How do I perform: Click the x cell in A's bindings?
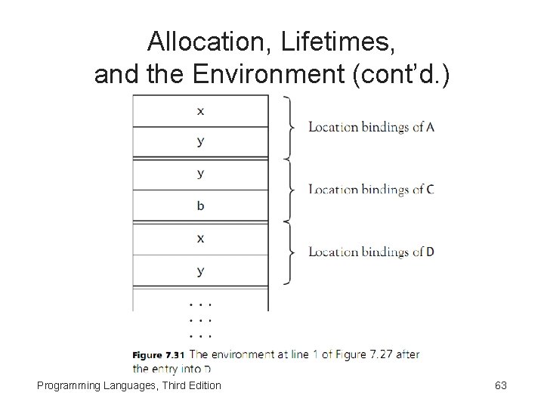(200, 110)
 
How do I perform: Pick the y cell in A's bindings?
(200, 141)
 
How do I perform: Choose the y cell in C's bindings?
(200, 174)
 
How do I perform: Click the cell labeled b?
(200, 206)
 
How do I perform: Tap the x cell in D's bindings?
(200, 238)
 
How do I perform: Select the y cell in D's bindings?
(200, 270)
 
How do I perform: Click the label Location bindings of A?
(371, 127)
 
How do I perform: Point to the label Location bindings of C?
(371, 190)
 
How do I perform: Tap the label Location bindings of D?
(371, 252)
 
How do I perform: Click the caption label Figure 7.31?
(159, 354)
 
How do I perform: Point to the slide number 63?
(500, 385)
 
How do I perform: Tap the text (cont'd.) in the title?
(409, 74)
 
